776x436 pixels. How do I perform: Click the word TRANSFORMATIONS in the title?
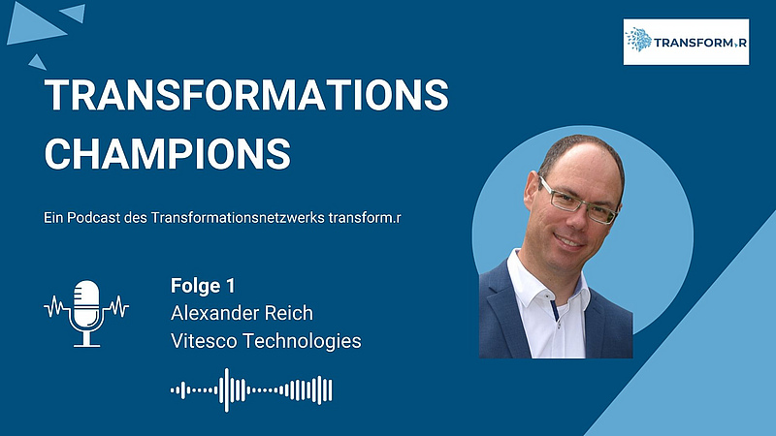point(246,94)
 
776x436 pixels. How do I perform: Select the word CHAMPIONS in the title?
point(167,154)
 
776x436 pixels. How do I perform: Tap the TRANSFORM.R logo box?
point(686,42)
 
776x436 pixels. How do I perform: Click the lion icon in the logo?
point(638,40)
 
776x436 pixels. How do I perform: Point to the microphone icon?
point(86,313)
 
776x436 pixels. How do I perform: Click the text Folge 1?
point(203,286)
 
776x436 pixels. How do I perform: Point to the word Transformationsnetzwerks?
point(238,217)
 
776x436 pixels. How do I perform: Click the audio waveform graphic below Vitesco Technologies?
point(251,390)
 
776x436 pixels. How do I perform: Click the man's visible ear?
point(532,191)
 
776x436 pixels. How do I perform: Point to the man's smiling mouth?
point(569,242)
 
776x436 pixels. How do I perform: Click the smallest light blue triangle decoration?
point(37,62)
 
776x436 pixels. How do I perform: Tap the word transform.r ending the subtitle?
point(365,217)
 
